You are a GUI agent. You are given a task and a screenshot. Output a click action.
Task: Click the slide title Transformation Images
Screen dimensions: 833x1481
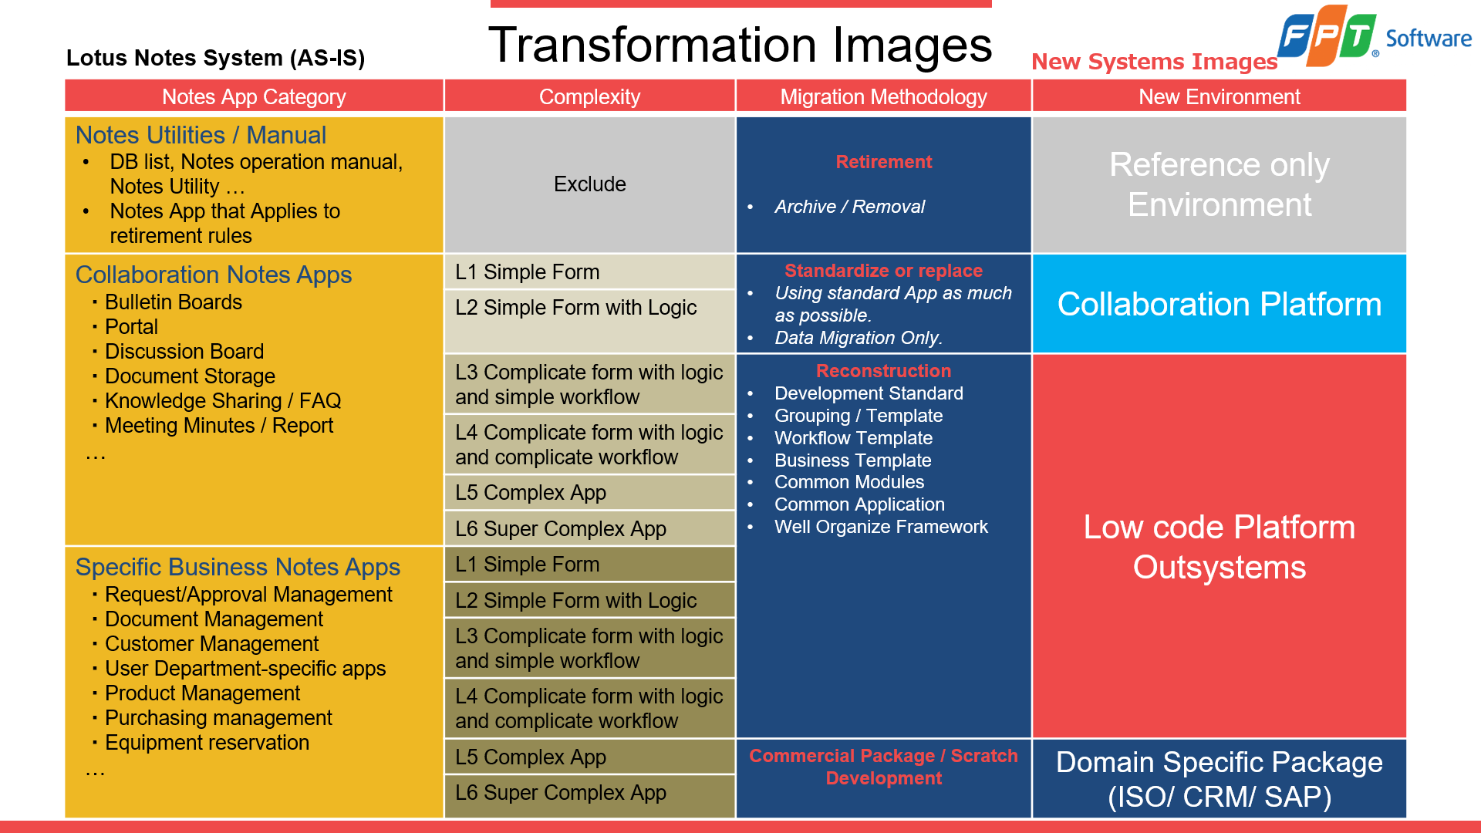(740, 45)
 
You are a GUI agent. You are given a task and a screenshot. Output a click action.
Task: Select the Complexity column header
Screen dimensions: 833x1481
(589, 97)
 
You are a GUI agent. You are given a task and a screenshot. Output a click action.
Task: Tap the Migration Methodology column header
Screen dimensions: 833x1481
(883, 97)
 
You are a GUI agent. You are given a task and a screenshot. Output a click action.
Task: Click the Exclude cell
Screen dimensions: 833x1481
(589, 184)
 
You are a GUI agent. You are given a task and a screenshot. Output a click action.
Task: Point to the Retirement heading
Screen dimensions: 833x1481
(883, 162)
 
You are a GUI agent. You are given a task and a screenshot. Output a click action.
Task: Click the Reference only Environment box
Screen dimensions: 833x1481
(1219, 184)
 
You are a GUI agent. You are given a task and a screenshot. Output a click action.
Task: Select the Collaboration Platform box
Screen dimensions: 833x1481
(1219, 304)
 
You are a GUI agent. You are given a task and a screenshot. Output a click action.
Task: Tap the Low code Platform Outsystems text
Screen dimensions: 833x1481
(1219, 547)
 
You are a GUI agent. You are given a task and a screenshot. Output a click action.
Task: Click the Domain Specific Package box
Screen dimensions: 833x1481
(1219, 779)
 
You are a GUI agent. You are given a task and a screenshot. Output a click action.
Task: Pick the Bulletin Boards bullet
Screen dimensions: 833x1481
(173, 302)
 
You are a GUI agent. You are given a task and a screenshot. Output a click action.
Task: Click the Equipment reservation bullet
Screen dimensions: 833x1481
(207, 743)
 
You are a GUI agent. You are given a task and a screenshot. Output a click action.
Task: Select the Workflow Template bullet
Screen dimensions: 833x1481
(853, 438)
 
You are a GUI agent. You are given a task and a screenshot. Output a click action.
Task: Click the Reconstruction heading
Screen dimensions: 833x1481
(883, 371)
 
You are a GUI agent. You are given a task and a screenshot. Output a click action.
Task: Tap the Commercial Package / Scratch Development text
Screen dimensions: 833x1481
(883, 767)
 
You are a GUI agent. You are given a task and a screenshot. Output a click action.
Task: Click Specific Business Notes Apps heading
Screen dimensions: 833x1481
(238, 567)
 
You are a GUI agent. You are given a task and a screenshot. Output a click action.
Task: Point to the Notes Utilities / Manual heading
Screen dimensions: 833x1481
(201, 135)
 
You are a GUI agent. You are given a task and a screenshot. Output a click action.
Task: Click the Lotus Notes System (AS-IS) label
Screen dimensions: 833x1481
(215, 58)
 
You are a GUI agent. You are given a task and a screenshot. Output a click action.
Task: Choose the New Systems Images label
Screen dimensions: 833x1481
(1154, 62)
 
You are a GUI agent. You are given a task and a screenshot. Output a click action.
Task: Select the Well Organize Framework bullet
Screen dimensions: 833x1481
(881, 527)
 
